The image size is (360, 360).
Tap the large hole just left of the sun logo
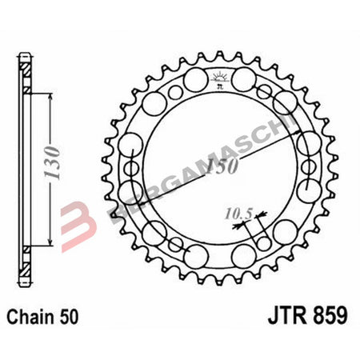tap(194, 81)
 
